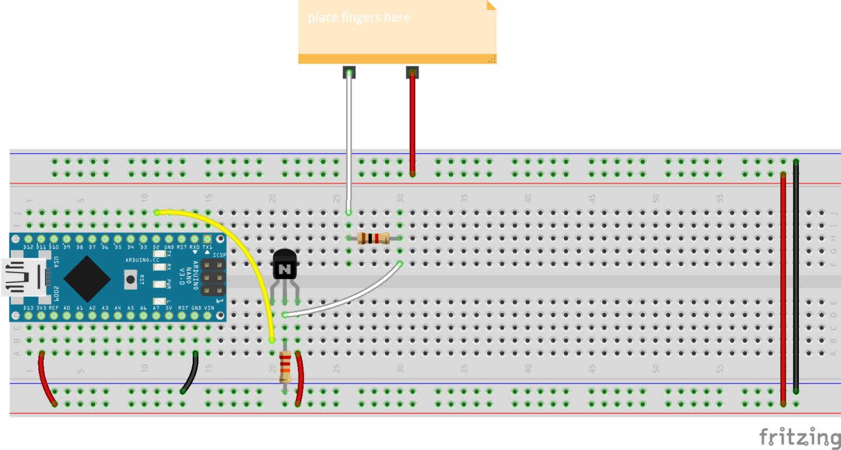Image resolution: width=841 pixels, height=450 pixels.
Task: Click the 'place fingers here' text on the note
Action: [359, 18]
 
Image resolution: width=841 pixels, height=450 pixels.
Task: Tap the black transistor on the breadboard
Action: [285, 266]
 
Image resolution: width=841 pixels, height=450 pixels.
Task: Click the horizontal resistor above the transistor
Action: [373, 238]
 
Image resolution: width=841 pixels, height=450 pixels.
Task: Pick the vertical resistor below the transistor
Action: [285, 367]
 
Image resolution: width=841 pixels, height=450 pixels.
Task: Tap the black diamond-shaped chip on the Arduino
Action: [87, 279]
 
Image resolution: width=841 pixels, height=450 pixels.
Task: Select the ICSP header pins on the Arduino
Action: [213, 278]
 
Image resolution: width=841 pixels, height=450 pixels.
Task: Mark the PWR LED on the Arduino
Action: [159, 284]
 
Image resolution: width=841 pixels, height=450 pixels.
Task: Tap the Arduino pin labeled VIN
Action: [208, 316]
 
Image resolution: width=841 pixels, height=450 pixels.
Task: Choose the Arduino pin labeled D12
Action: [28, 239]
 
